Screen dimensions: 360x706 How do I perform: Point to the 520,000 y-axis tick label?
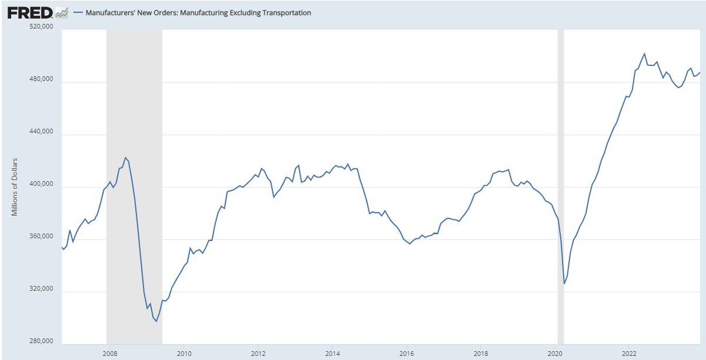click(41, 26)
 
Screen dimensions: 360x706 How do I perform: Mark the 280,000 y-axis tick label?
click(41, 342)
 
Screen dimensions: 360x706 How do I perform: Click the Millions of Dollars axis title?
click(15, 186)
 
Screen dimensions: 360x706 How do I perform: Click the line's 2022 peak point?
click(645, 54)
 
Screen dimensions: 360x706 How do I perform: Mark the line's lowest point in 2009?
click(156, 321)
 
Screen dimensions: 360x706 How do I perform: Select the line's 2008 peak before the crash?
click(125, 157)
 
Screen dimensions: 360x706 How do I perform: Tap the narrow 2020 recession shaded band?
click(561, 176)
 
